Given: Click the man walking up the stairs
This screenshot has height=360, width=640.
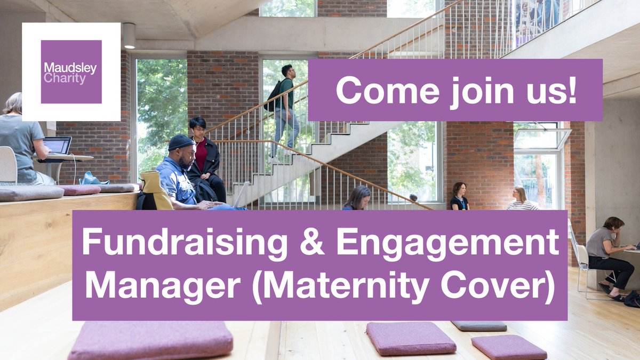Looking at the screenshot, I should [285, 109].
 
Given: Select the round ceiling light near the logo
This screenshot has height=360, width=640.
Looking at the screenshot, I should [129, 35].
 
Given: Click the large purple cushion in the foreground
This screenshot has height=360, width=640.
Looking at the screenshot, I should [151, 340].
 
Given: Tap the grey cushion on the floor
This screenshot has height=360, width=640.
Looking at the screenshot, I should [479, 325].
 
